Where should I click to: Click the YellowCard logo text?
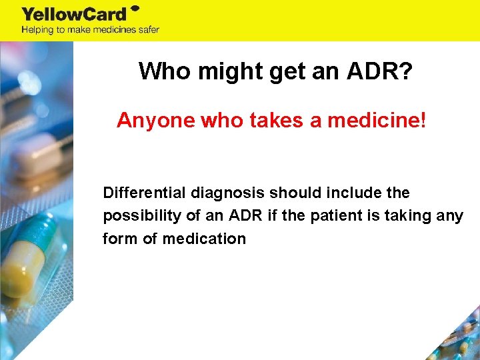tap(74, 14)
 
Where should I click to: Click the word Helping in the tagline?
tap(38, 30)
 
